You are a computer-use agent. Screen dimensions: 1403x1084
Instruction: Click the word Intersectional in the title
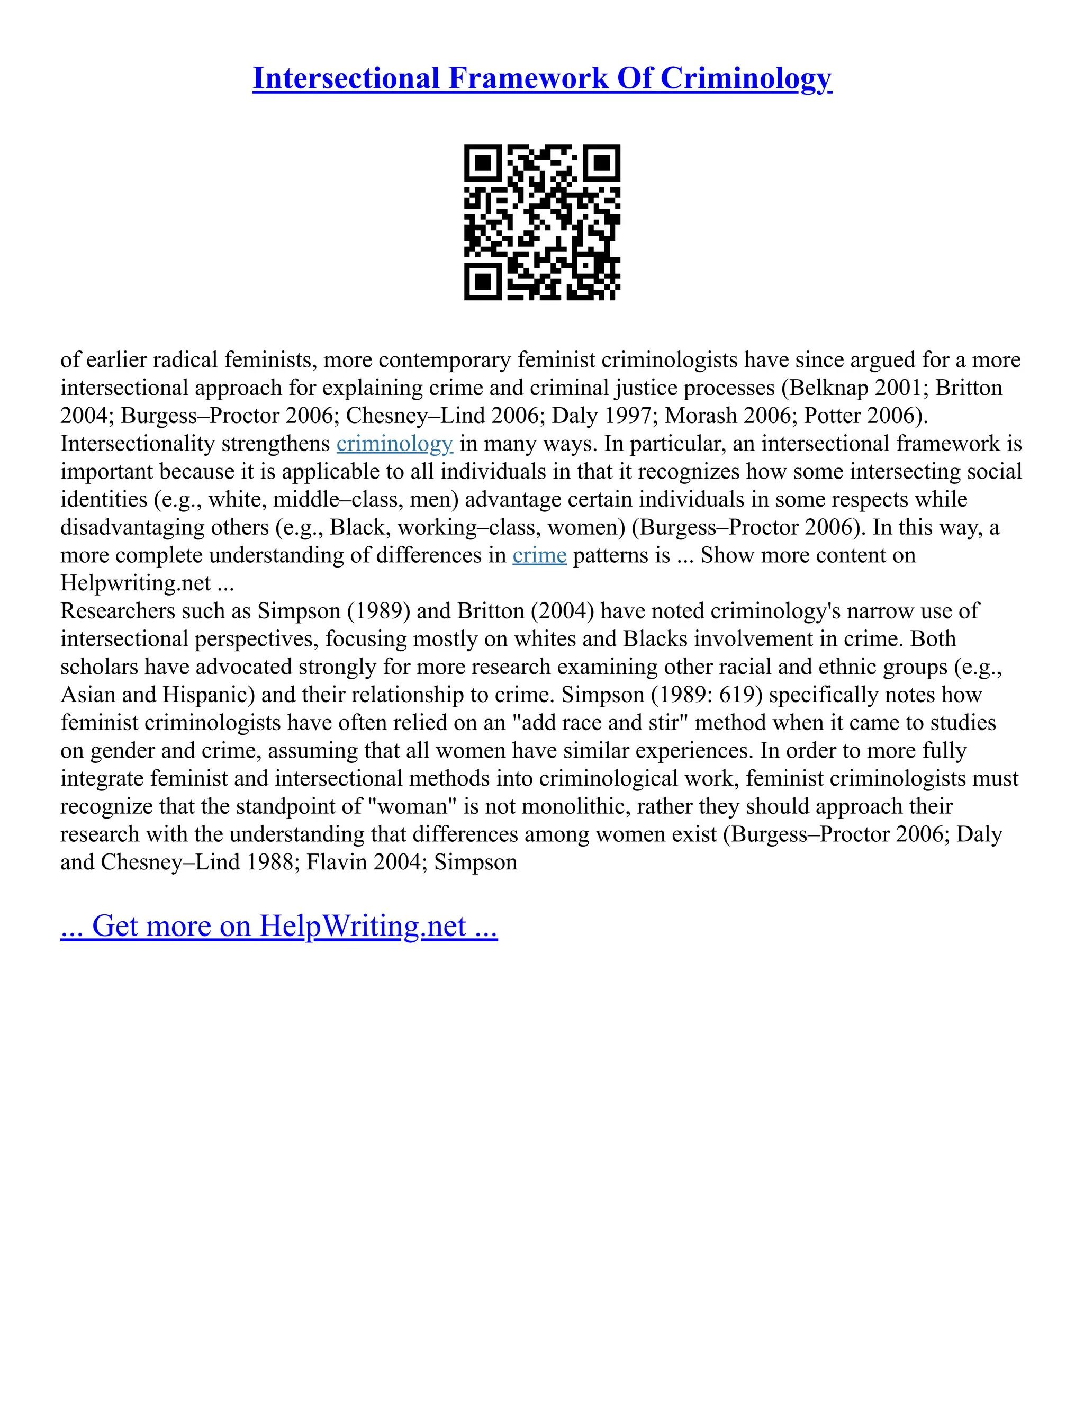click(346, 78)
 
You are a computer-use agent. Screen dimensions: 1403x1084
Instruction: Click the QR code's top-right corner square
click(601, 163)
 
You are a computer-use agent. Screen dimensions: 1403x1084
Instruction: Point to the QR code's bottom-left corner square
click(484, 281)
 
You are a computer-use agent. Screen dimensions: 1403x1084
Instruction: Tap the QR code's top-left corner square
click(484, 163)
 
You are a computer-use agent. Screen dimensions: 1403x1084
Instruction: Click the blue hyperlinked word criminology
click(394, 444)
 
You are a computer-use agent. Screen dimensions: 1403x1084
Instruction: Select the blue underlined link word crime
click(539, 555)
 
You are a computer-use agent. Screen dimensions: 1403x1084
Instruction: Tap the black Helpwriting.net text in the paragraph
click(135, 583)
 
